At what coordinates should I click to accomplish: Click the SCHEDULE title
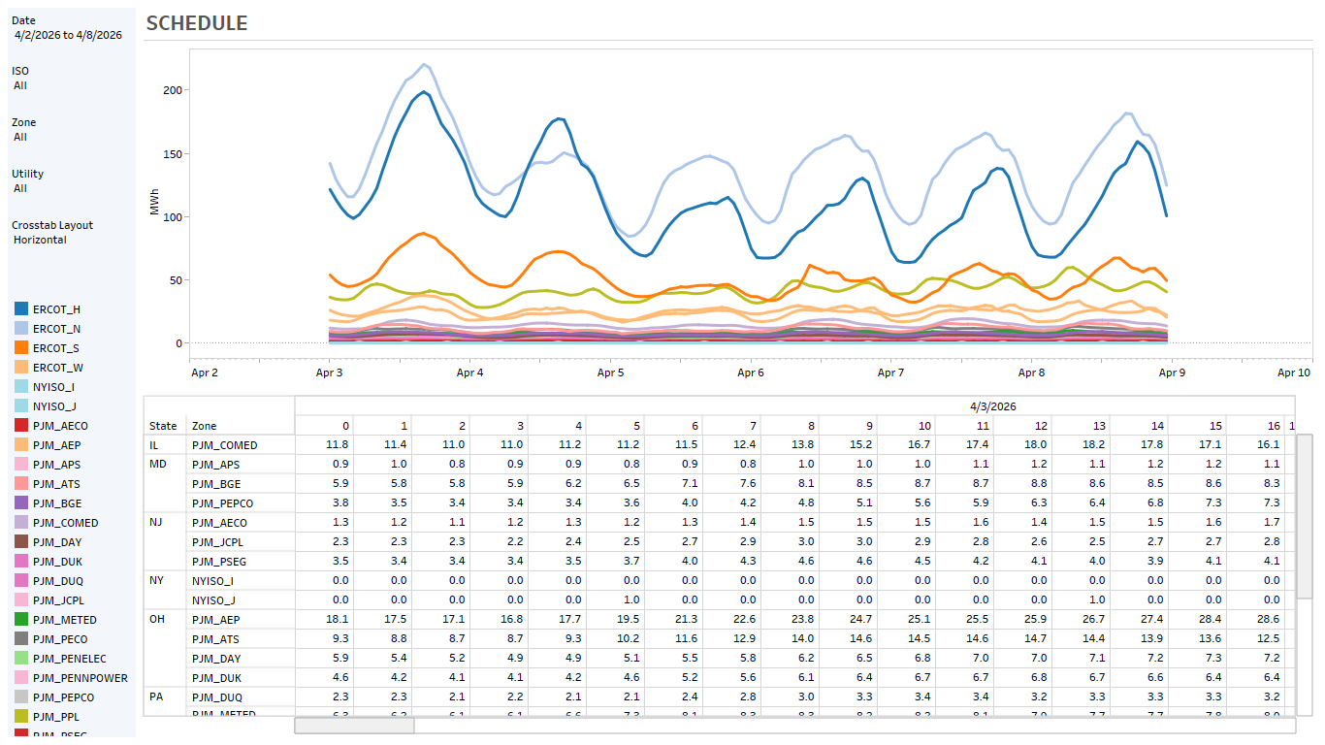click(x=197, y=23)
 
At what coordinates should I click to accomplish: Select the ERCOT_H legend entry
click(x=56, y=309)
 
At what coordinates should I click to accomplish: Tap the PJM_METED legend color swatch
click(x=21, y=620)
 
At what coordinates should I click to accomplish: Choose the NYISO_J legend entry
click(x=54, y=406)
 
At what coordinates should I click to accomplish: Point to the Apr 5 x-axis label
click(x=610, y=372)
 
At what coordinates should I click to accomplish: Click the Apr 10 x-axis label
click(x=1294, y=372)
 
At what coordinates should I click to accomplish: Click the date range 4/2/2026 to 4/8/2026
click(x=68, y=35)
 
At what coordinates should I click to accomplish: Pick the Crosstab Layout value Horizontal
click(x=40, y=240)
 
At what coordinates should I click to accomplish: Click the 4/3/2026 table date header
click(x=992, y=406)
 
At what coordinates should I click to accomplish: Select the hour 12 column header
click(x=1041, y=426)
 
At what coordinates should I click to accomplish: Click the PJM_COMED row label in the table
click(x=225, y=445)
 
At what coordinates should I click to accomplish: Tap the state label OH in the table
click(x=157, y=619)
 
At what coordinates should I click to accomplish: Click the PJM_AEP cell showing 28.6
click(x=1268, y=619)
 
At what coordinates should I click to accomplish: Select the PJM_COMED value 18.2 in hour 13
click(x=1093, y=445)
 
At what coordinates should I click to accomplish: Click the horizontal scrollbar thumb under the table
click(x=354, y=726)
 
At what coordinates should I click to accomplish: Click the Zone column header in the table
click(x=204, y=426)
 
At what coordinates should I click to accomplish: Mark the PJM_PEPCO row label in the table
click(x=224, y=503)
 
